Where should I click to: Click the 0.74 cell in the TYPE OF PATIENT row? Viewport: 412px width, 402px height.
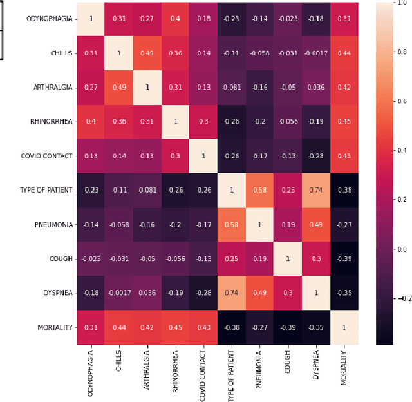[x=315, y=190]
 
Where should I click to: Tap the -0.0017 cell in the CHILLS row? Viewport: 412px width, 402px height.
[x=315, y=53]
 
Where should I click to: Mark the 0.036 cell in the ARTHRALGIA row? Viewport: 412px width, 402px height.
[x=315, y=87]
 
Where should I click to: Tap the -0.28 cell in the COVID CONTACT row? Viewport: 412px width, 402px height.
[x=315, y=156]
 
